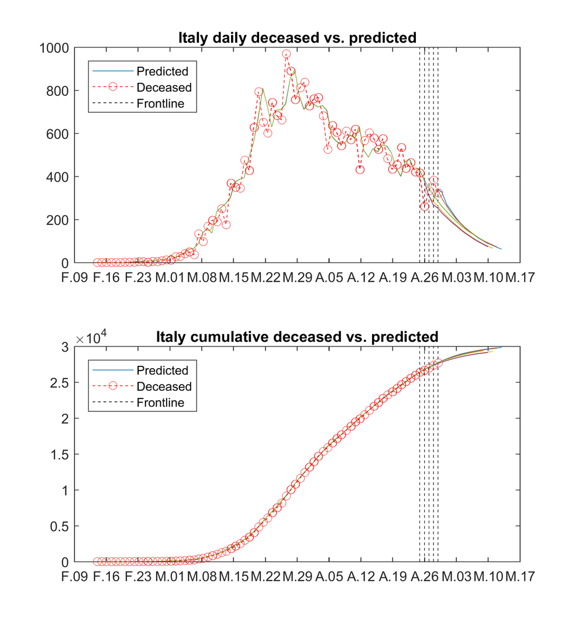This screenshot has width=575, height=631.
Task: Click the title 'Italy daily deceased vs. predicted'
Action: coord(297,38)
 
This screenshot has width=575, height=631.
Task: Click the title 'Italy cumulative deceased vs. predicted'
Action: coord(297,337)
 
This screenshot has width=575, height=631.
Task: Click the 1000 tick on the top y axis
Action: coord(54,48)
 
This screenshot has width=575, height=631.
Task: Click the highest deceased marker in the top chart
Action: coord(287,54)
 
